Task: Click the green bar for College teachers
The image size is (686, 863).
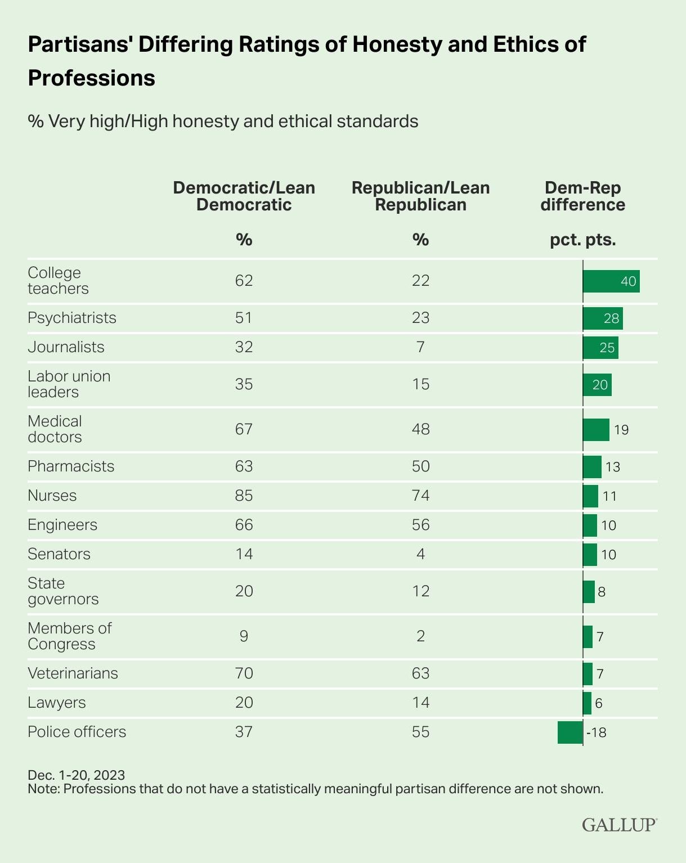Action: coord(611,281)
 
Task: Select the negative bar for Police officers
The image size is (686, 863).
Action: coord(570,732)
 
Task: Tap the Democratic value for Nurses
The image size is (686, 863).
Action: coord(244,496)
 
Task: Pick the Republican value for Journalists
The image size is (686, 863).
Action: coord(420,347)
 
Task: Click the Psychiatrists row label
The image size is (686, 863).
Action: coord(72,318)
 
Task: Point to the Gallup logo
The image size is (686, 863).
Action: coord(619,825)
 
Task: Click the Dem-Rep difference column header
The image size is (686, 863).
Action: coord(582,196)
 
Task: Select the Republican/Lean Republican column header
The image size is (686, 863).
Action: coord(420,196)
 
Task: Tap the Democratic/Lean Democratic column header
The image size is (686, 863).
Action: coord(244,196)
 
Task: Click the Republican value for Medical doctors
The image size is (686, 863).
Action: coord(420,429)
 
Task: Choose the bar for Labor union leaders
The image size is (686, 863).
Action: coord(597,385)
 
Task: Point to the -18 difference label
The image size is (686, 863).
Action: coord(597,732)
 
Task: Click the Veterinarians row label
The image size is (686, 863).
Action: coord(73,673)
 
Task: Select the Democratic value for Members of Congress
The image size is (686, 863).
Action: coord(244,636)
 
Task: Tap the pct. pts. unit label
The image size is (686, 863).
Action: coord(582,240)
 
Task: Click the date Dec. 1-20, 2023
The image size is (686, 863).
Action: coord(77,775)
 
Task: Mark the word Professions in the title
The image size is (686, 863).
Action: coord(91,78)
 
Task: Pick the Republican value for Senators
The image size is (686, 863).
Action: coord(420,554)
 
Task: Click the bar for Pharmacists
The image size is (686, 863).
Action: coord(592,467)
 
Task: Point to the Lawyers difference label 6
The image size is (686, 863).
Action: coord(599,703)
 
